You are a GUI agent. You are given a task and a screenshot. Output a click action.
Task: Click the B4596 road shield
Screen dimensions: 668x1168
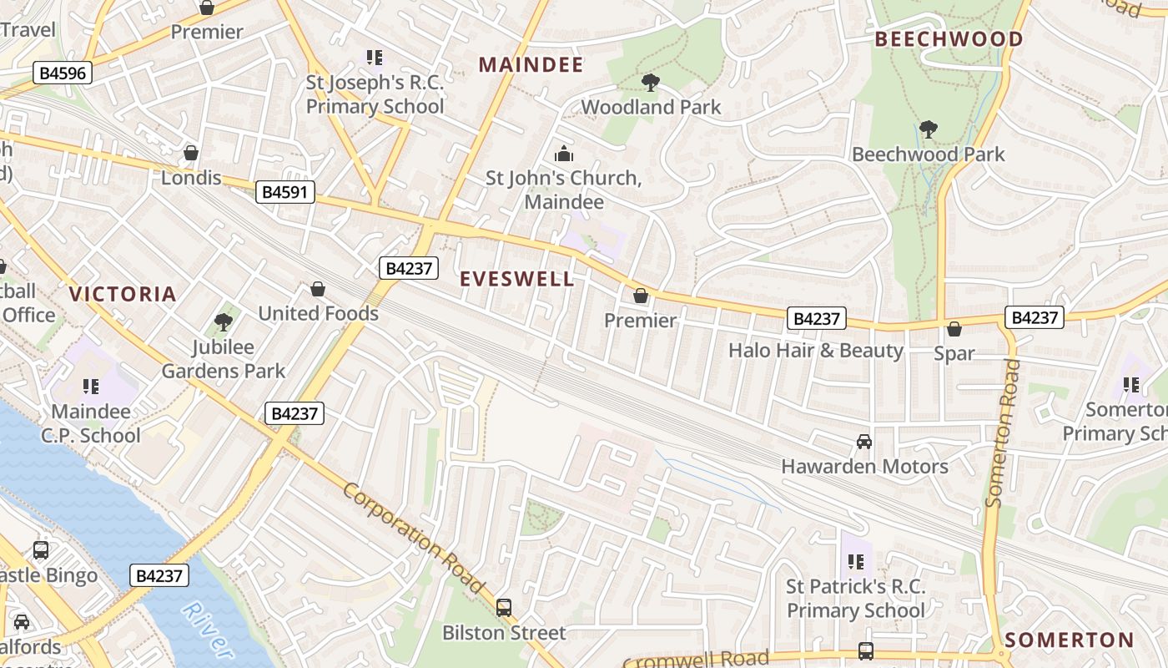pyautogui.click(x=63, y=73)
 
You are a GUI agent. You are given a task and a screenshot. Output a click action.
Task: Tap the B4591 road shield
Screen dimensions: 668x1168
pyautogui.click(x=285, y=193)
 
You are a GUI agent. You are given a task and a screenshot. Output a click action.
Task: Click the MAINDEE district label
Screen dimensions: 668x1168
pyautogui.click(x=531, y=65)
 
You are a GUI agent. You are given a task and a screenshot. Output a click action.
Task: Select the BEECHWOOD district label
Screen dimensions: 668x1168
pyautogui.click(x=949, y=39)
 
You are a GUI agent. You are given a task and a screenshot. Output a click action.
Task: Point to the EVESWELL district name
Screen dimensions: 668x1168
pyautogui.click(x=517, y=279)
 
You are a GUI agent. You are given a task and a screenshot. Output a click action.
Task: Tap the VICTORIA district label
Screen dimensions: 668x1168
pyautogui.click(x=123, y=294)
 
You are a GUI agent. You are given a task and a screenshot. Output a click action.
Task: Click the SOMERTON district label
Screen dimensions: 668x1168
pyautogui.click(x=1069, y=640)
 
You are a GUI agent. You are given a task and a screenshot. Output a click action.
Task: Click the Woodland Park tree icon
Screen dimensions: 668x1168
pyautogui.click(x=650, y=82)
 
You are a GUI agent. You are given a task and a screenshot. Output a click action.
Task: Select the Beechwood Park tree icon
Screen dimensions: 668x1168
pyautogui.click(x=928, y=129)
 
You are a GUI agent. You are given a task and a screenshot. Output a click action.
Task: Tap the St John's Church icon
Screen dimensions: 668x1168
pyautogui.click(x=564, y=154)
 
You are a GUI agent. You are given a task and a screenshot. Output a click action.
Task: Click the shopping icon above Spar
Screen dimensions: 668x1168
pyautogui.click(x=954, y=329)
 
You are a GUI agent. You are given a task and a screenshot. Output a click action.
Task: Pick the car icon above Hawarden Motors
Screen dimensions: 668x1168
pyautogui.click(x=864, y=441)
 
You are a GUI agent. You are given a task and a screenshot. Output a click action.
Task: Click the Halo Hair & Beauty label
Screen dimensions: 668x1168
pyautogui.click(x=815, y=350)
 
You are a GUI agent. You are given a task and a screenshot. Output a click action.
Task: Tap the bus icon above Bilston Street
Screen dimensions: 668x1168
pyautogui.click(x=504, y=607)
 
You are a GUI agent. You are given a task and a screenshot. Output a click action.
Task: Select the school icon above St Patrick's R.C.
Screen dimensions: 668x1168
pyautogui.click(x=855, y=562)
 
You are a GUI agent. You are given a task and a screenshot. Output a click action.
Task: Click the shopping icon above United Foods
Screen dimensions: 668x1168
pyautogui.click(x=318, y=289)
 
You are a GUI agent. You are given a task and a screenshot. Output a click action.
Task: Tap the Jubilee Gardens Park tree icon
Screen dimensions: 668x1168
pyautogui.click(x=223, y=321)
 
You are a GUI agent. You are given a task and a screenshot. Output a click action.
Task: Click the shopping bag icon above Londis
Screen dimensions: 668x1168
pyautogui.click(x=191, y=153)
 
